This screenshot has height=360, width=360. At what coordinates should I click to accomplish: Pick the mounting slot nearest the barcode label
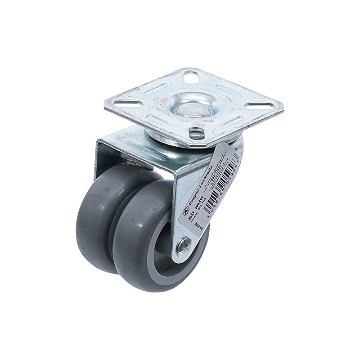[196, 133]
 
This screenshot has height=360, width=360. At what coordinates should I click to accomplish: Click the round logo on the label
[186, 210]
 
